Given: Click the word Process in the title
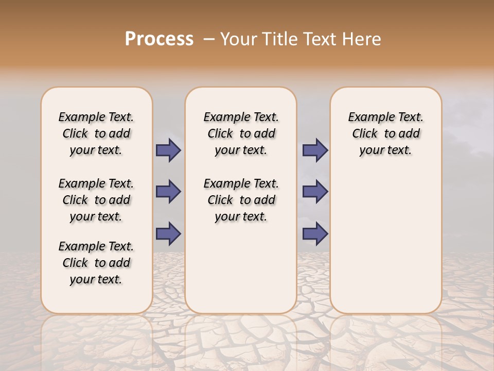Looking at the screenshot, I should (159, 39).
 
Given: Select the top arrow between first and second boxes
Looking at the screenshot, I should (168, 150).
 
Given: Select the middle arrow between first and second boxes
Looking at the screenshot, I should (168, 192).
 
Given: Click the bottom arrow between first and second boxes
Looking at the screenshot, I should (168, 233).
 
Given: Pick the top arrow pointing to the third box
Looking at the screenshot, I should (315, 150).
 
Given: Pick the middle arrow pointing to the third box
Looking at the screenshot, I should (315, 192).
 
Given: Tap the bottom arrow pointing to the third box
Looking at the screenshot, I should (315, 233).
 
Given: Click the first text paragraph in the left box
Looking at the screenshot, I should (96, 133).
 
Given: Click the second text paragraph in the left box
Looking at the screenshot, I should (96, 200).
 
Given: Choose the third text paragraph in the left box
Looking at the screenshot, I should (96, 263).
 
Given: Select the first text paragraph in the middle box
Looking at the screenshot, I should (241, 133).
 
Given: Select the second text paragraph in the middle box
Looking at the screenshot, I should (241, 200).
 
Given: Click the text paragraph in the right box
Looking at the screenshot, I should (386, 133).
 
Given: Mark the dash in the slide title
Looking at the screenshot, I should (209, 39).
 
